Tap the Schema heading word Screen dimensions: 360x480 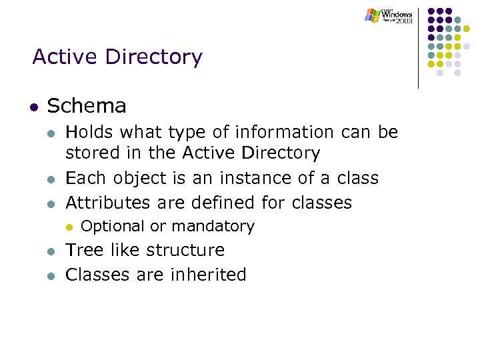pyautogui.click(x=87, y=106)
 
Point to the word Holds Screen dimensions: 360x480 pyautogui.click(x=89, y=133)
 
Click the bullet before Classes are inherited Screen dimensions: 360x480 pyautogui.click(x=49, y=275)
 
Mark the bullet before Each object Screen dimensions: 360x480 pyautogui.click(x=49, y=179)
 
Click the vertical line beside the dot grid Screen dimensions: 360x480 pyautogui.click(x=419, y=47)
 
